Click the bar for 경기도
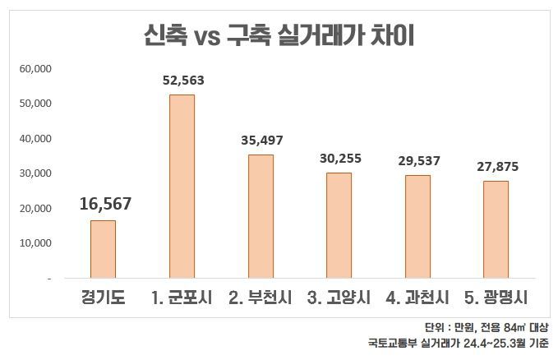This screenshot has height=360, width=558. point(103,249)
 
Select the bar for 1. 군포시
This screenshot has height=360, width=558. point(182,187)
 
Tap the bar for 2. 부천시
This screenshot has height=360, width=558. point(261,216)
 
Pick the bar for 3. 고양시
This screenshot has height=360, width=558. point(339,225)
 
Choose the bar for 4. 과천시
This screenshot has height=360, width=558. point(417,227)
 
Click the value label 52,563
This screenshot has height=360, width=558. point(182,81)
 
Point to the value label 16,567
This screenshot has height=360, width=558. point(105,203)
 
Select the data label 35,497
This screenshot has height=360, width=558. point(261,141)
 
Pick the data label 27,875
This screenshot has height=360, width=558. point(496,167)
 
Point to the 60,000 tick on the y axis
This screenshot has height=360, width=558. point(35,68)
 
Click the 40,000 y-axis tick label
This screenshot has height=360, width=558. point(35,138)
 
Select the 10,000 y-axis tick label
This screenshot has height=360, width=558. point(35,243)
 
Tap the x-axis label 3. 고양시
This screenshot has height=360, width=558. point(339,297)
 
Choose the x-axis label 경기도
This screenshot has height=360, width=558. point(103,297)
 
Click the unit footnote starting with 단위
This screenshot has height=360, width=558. point(487,327)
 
